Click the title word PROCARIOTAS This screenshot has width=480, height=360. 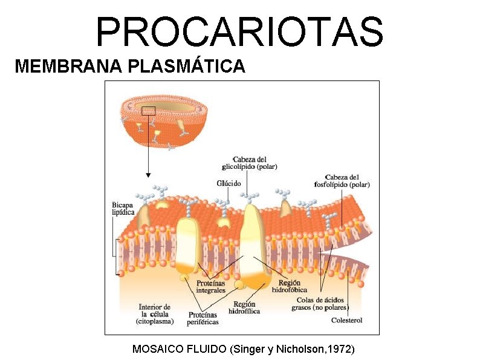[240, 31]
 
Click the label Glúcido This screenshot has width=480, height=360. [229, 183]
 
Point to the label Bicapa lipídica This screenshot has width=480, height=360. [123, 208]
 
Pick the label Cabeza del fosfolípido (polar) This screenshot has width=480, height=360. [342, 180]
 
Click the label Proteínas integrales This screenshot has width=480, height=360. [211, 287]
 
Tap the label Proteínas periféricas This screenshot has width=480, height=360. [203, 318]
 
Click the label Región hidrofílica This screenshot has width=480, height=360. [244, 307]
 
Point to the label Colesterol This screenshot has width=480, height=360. [347, 320]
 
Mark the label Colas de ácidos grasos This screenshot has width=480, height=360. [320, 303]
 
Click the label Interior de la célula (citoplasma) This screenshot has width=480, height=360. [155, 314]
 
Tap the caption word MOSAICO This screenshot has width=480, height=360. [157, 349]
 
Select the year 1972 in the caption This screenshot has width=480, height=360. [340, 349]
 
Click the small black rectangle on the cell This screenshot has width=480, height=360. [148, 111]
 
